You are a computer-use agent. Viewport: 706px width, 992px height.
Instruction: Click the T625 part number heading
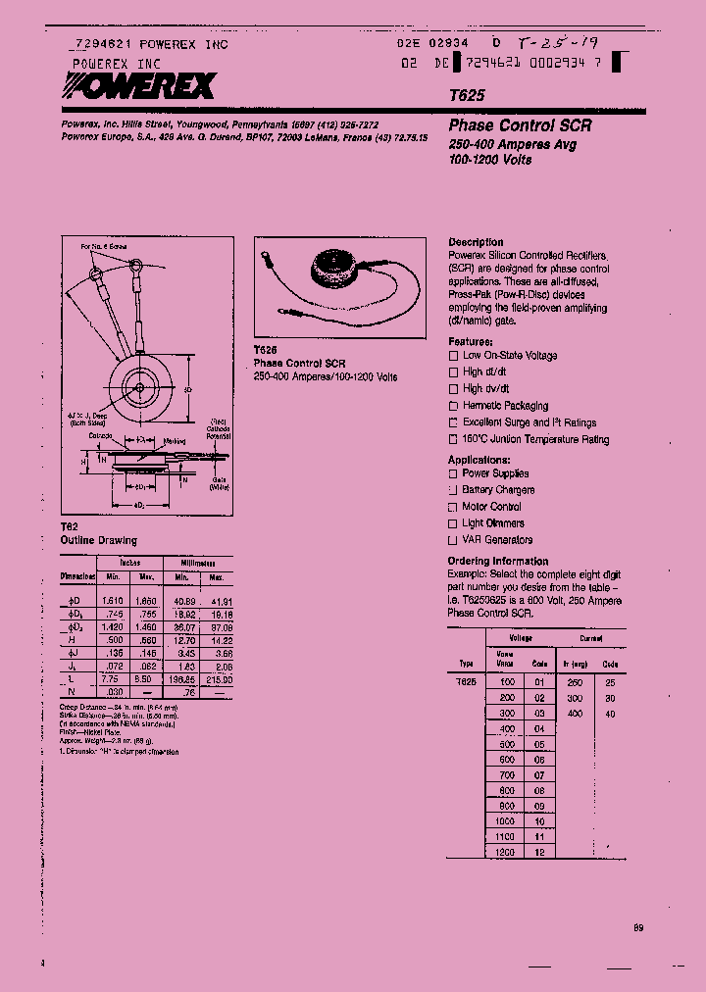coord(465,98)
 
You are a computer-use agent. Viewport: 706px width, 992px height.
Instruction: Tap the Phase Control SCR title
coord(520,126)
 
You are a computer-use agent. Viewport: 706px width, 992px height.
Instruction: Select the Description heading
coord(476,242)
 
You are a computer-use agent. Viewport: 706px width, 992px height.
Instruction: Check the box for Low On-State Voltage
coord(453,356)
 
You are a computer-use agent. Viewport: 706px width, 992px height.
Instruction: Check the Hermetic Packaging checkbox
coord(453,406)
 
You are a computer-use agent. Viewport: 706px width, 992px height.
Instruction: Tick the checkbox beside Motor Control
coord(453,507)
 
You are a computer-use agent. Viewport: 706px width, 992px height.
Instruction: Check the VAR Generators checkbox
coord(453,540)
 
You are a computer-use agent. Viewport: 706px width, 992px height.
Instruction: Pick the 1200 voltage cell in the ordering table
coord(505,853)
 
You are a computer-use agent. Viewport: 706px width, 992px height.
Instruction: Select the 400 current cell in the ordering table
coord(575,714)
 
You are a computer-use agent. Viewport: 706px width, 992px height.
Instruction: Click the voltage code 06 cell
coord(538,760)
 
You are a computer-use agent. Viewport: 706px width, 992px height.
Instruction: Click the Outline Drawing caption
coord(99,540)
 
